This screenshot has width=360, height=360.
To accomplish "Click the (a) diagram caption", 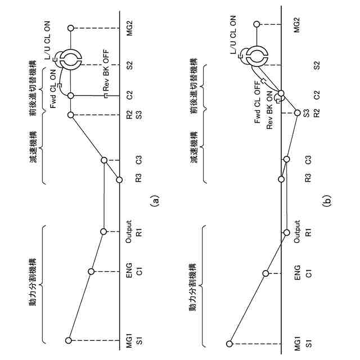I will [156, 199].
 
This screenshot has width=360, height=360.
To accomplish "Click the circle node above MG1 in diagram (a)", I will [69, 340].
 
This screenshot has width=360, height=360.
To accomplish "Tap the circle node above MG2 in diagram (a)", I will [71, 28].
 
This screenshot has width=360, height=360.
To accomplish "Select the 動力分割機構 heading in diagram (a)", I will [34, 281].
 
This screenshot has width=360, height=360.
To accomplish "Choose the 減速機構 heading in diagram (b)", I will [194, 147].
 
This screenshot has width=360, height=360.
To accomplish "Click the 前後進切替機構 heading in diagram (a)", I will [34, 93].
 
